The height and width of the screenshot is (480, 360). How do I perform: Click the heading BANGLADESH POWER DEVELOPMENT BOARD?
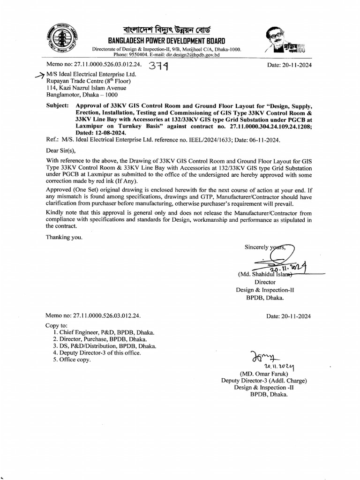tap(166, 41)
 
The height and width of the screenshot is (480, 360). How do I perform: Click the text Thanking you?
tap(64, 237)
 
